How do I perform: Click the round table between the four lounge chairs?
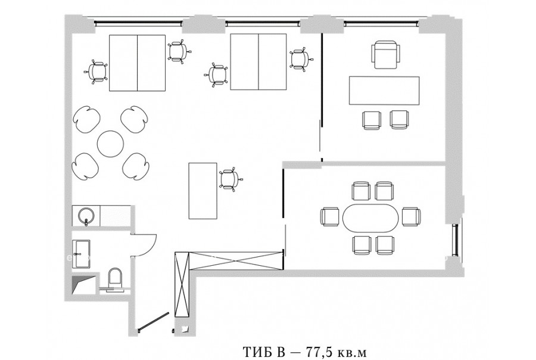pyautogui.click(x=110, y=143)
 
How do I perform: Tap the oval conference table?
pyautogui.click(x=370, y=219)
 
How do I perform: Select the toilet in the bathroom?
pyautogui.click(x=115, y=279)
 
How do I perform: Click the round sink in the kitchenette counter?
pyautogui.click(x=86, y=216)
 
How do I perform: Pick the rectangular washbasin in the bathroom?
pyautogui.click(x=82, y=253)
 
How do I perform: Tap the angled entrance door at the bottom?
pyautogui.click(x=153, y=322)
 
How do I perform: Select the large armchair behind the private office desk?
pyautogui.click(x=385, y=54)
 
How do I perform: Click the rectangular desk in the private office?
pyautogui.click(x=384, y=91)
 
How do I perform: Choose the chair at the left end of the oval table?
pyautogui.click(x=330, y=216)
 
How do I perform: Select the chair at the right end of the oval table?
pyautogui.click(x=411, y=216)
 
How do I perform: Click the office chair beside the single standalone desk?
pyautogui.click(x=230, y=179)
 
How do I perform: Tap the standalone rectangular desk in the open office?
pyautogui.click(x=203, y=191)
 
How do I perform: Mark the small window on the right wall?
pyautogui.click(x=455, y=240)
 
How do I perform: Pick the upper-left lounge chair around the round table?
pyautogui.click(x=87, y=119)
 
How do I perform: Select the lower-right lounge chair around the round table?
pyautogui.click(x=136, y=166)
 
